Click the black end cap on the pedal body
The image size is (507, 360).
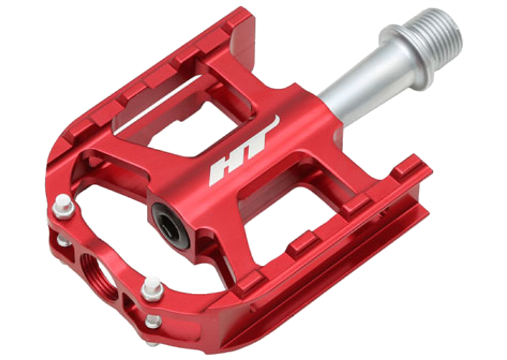coord(170,225)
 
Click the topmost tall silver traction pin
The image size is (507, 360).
coord(64,206)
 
